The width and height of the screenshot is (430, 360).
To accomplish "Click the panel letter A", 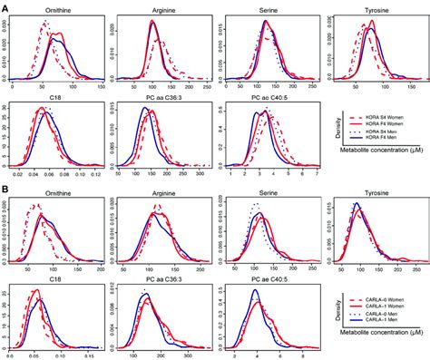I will tap(5, 5).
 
